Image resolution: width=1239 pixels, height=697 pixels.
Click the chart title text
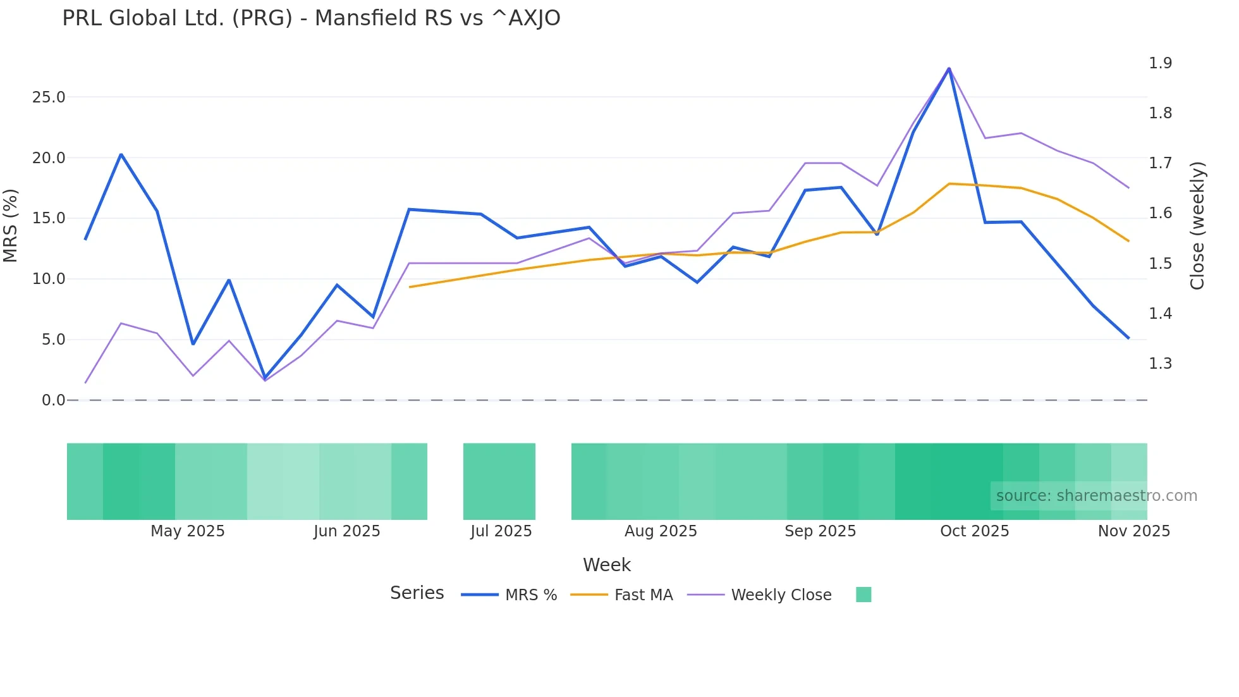point(311,18)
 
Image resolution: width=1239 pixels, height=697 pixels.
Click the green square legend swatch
point(863,595)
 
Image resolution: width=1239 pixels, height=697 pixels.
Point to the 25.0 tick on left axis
point(49,97)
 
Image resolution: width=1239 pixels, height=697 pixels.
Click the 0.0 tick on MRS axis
point(53,400)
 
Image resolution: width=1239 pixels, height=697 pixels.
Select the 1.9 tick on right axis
point(1160,63)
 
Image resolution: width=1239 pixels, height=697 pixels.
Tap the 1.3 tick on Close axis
point(1160,364)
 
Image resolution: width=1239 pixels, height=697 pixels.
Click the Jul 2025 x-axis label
point(501,531)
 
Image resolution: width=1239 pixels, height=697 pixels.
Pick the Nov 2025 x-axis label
point(1133,531)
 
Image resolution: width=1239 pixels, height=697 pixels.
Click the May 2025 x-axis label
point(187,531)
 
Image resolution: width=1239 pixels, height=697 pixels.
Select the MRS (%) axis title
point(11,225)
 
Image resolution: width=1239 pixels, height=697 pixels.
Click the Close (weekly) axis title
point(1197,225)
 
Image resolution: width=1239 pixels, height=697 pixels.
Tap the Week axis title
point(606,565)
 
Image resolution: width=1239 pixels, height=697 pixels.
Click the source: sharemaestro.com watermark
point(1096,496)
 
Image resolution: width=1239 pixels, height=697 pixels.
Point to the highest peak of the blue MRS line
point(949,68)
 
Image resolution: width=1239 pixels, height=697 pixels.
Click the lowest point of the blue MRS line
point(265,378)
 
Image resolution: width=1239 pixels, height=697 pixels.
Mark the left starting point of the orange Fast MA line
point(410,287)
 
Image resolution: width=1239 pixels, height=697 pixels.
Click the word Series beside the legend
point(417,593)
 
